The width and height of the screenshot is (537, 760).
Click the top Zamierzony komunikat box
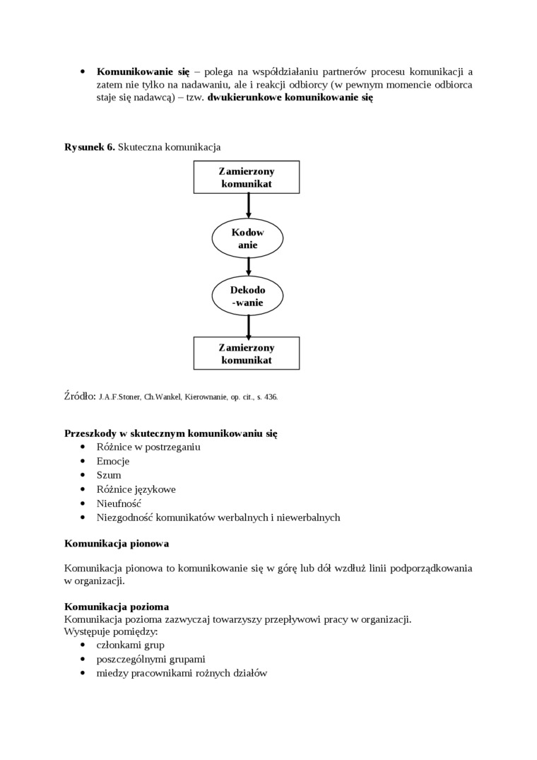coord(247,177)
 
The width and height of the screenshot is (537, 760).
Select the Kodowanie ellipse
coord(247,238)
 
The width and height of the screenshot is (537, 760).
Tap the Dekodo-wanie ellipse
coord(247,296)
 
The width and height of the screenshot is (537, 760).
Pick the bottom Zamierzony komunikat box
coord(247,353)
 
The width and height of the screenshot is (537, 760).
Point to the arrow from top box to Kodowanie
coord(249,206)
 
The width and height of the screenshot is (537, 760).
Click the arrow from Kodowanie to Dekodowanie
coord(249,267)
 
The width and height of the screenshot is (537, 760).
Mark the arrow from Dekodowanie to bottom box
coord(249,325)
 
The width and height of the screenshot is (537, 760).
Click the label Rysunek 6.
coord(89,147)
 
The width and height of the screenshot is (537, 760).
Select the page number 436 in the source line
coord(271,397)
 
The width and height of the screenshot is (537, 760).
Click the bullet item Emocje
coord(113,461)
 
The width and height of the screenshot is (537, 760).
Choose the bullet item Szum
coord(109,475)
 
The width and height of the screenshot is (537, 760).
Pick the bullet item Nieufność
coord(119,503)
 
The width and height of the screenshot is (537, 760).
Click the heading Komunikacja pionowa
coord(117,544)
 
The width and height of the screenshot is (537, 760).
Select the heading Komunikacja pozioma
coord(117,606)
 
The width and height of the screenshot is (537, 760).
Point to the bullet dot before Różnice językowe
coord(83,489)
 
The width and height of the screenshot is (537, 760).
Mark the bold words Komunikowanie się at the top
coord(143,71)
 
